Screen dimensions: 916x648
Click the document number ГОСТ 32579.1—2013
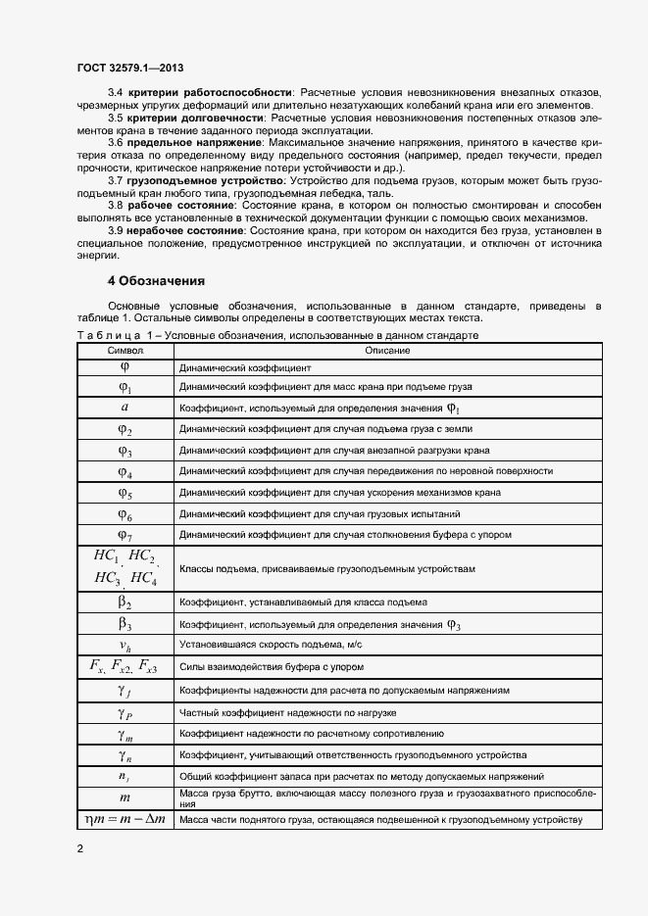point(129,68)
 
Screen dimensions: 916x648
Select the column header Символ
point(125,350)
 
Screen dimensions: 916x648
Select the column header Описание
point(387,350)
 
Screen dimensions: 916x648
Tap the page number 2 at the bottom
point(80,848)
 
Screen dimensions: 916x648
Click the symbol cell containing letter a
point(125,407)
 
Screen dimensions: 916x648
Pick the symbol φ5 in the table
point(125,493)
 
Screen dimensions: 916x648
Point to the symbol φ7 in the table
point(125,536)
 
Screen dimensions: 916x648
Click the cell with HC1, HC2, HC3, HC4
point(125,567)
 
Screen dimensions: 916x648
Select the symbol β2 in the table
point(125,602)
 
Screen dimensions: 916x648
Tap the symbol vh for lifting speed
point(125,645)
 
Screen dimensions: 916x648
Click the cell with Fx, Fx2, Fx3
point(125,667)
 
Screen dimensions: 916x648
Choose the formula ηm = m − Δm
point(125,819)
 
